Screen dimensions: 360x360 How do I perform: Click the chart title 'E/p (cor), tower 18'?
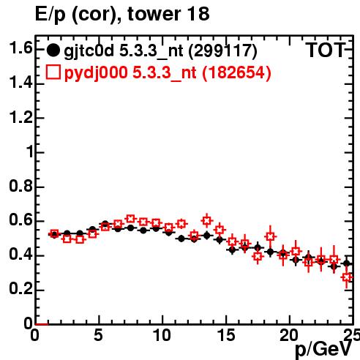(x=122, y=15)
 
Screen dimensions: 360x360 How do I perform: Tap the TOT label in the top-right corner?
(x=325, y=50)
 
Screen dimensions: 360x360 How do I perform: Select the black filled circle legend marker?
(x=53, y=50)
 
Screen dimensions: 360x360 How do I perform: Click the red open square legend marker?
(x=53, y=72)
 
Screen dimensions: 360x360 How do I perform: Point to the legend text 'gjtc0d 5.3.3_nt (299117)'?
(x=160, y=51)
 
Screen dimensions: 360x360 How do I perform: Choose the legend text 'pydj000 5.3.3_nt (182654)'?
(x=168, y=72)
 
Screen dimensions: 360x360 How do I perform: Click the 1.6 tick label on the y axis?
(x=20, y=48)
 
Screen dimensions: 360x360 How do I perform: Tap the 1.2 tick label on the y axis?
(x=20, y=117)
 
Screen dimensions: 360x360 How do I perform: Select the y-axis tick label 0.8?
(x=20, y=186)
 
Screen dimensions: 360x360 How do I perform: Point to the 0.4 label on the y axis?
(x=20, y=255)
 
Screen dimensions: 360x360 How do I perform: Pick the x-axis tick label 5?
(x=98, y=335)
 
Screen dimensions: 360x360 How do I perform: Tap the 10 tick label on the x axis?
(x=162, y=335)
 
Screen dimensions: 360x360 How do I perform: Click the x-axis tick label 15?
(x=226, y=335)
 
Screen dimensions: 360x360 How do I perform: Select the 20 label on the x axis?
(x=289, y=335)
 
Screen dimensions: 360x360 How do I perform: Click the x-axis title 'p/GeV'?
(x=324, y=350)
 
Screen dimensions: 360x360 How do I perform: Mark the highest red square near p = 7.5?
(x=131, y=219)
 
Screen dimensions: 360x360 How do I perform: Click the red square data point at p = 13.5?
(x=207, y=221)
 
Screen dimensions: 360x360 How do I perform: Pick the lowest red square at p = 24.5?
(x=347, y=277)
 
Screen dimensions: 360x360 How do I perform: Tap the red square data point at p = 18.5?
(x=270, y=236)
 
